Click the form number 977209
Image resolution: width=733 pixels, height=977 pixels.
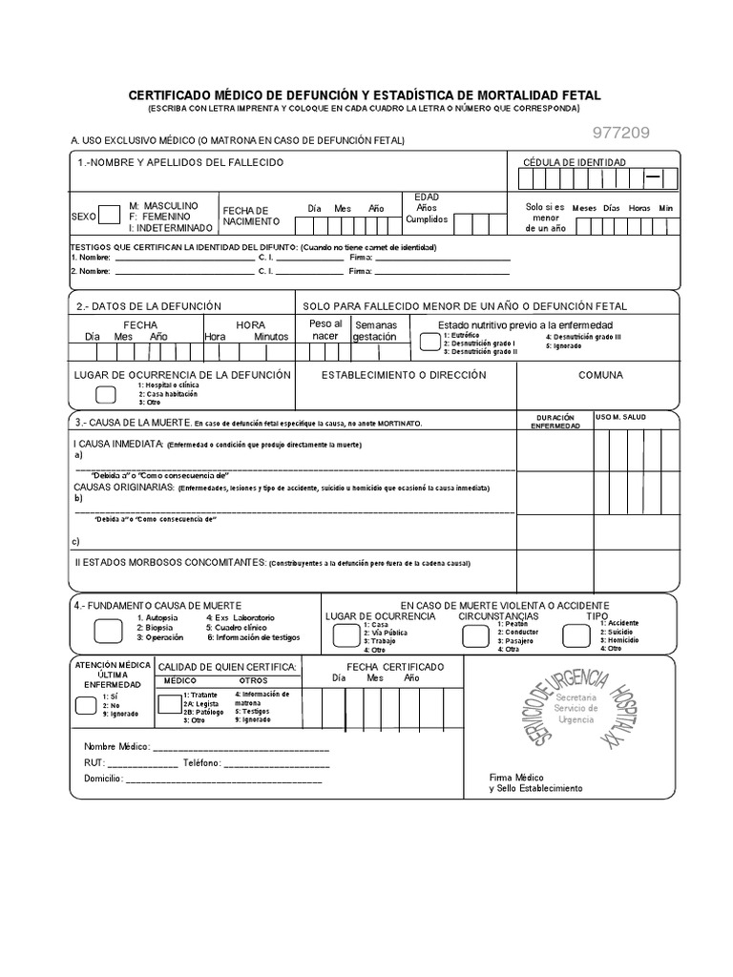pyautogui.click(x=621, y=134)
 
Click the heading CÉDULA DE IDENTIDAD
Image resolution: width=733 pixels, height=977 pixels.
pyautogui.click(x=575, y=162)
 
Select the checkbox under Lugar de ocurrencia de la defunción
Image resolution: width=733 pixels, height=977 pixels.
pyautogui.click(x=107, y=394)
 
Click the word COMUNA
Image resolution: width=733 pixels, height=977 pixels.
pyautogui.click(x=600, y=376)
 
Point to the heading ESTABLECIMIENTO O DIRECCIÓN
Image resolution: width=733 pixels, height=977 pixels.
pyautogui.click(x=404, y=376)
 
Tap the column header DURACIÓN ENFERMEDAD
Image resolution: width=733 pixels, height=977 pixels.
pyautogui.click(x=555, y=422)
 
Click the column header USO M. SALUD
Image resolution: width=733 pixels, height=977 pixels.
pyautogui.click(x=621, y=418)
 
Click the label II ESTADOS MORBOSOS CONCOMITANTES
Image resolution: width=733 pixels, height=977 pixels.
pyautogui.click(x=170, y=563)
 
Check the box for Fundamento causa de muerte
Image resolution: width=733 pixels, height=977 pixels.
pyautogui.click(x=108, y=630)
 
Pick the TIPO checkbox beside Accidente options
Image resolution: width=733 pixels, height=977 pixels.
pyautogui.click(x=579, y=637)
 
